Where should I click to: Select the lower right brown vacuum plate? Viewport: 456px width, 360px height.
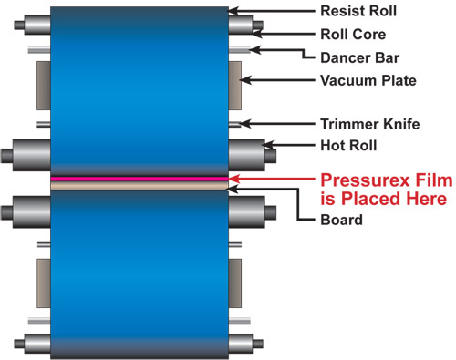[234, 283]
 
